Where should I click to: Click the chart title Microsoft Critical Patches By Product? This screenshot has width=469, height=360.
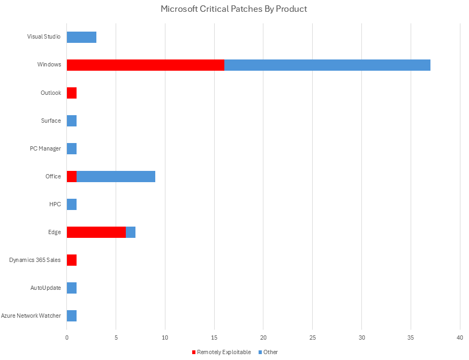[234, 9]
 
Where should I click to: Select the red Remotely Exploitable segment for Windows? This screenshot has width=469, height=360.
[145, 65]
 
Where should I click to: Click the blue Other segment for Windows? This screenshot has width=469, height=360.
[327, 65]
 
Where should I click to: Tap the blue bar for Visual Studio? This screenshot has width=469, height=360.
[81, 37]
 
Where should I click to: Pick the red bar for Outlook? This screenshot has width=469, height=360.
[72, 93]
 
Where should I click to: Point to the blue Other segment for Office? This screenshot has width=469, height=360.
[116, 176]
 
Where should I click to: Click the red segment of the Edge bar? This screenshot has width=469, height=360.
[96, 232]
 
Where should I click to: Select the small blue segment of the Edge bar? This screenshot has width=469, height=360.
[131, 232]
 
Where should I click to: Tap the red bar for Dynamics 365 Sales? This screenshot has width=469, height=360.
[72, 260]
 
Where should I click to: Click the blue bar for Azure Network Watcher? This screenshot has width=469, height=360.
[72, 316]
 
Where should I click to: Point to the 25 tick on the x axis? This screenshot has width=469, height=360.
[313, 337]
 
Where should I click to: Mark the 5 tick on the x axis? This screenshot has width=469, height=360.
[116, 337]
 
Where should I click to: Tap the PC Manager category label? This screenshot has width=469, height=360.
[46, 148]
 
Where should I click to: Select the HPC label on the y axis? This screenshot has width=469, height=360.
[55, 204]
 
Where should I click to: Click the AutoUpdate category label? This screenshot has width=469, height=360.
[46, 288]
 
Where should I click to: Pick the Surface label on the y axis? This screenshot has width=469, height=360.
[51, 121]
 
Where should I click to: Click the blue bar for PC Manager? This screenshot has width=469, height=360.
[72, 148]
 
